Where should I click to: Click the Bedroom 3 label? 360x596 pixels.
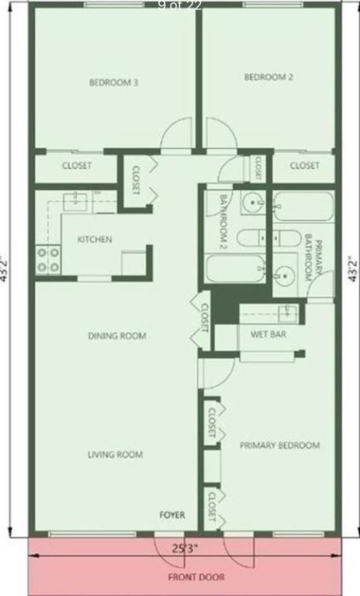point(113,82)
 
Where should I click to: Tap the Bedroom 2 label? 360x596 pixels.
point(268,77)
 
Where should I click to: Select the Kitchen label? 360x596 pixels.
point(95,240)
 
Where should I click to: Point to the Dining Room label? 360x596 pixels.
point(117,336)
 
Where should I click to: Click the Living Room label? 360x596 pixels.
point(115,455)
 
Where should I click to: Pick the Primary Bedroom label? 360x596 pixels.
point(279,445)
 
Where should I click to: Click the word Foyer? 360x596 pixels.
point(172,515)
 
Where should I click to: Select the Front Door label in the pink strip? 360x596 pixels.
point(185,577)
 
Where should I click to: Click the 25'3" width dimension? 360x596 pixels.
point(185,548)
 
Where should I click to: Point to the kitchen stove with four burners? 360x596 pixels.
point(48,259)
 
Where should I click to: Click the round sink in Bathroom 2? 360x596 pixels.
point(252,204)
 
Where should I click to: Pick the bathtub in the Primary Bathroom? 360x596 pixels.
point(303,206)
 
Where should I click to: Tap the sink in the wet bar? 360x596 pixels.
point(288,312)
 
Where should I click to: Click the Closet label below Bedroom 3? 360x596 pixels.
point(77,166)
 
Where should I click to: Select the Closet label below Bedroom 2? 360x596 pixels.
point(305,166)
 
